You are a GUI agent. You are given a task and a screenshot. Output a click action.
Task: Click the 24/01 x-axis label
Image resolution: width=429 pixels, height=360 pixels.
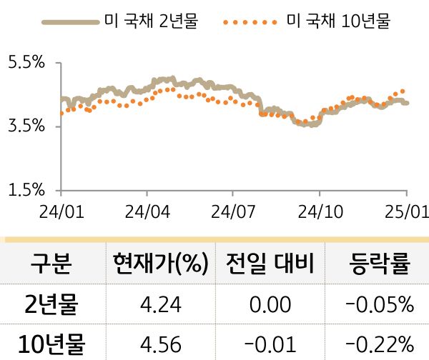coord(61,212)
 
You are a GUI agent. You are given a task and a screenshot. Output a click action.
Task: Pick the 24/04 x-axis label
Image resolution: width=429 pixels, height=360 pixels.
coord(147,212)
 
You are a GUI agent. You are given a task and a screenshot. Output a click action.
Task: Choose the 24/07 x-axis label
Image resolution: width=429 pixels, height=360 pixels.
coord(233,212)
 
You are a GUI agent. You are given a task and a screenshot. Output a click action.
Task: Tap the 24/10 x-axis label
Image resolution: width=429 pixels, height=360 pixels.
coord(319,212)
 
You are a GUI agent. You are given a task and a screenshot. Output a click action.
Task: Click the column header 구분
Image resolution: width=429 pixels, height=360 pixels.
coord(51,264)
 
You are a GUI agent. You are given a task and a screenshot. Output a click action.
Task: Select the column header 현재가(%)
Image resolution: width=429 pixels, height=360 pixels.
coord(160,264)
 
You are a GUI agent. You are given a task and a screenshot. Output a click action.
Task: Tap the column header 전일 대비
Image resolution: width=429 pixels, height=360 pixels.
coord(270,264)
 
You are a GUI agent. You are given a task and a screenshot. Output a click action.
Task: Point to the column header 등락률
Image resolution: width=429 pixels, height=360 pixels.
coord(379,264)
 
